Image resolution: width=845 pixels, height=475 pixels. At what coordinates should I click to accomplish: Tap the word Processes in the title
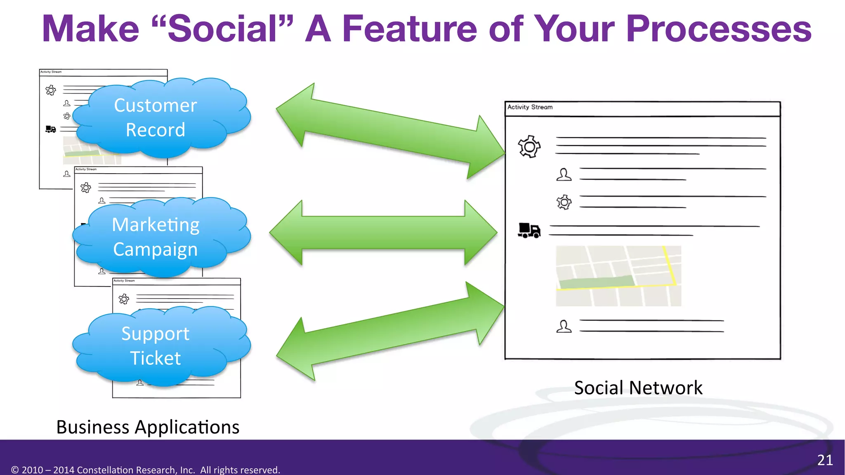tap(718, 29)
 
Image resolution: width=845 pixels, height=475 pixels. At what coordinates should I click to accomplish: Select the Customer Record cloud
tap(156, 118)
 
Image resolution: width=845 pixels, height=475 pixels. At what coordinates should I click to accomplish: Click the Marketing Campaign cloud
tap(156, 237)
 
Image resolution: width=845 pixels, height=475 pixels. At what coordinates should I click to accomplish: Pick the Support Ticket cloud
tap(156, 346)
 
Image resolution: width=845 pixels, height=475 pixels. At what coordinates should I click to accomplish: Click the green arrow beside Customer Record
tap(390, 131)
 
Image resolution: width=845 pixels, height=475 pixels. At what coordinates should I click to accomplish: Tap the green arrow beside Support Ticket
tap(390, 331)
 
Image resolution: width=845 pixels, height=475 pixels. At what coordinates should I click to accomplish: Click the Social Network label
tap(638, 388)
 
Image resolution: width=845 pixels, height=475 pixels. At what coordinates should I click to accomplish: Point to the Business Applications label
tap(148, 427)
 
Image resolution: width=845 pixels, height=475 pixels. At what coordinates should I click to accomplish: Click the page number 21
tap(825, 460)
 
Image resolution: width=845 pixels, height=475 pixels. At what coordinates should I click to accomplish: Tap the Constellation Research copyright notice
tap(146, 470)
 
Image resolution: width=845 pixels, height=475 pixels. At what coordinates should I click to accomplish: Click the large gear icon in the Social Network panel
tap(529, 146)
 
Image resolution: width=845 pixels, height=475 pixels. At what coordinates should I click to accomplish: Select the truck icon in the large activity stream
tap(529, 230)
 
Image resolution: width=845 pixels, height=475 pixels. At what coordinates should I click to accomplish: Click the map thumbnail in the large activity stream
tap(618, 276)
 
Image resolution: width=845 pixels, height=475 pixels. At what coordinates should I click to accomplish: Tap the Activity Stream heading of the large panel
tap(530, 107)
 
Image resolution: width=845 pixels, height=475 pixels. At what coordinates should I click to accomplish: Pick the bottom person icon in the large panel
tap(564, 327)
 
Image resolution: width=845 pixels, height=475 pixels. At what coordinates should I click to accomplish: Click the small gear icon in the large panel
tap(564, 202)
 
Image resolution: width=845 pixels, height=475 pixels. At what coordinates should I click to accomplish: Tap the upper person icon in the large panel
tap(564, 174)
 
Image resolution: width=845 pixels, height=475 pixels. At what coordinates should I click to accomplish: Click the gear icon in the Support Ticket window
tap(124, 299)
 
